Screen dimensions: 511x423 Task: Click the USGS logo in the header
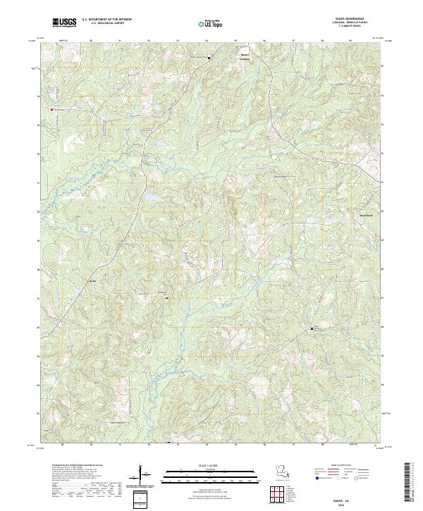click(x=64, y=23)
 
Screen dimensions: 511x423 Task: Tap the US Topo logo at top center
click(x=209, y=23)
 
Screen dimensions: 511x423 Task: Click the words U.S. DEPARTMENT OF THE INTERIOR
click(x=106, y=20)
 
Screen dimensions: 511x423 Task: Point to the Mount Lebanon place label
click(x=245, y=55)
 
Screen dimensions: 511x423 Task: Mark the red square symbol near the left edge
click(x=50, y=109)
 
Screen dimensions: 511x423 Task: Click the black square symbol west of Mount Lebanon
click(x=209, y=58)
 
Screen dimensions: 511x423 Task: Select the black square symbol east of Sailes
click(x=166, y=298)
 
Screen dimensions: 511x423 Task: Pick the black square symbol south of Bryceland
click(x=312, y=329)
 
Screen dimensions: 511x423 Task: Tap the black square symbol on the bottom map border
click(x=169, y=443)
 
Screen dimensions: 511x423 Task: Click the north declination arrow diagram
click(x=145, y=476)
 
